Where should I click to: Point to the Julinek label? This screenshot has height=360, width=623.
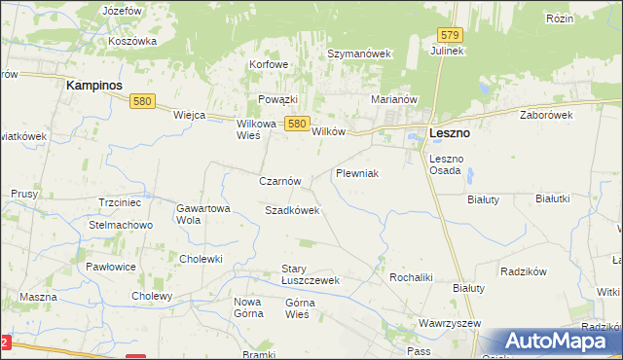pos(448,51)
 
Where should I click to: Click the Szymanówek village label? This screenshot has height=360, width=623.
pos(358,54)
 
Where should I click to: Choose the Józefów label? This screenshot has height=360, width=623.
pos(121,9)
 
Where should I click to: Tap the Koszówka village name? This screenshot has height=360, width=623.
pos(133,42)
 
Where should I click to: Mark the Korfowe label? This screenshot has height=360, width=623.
pos(269,64)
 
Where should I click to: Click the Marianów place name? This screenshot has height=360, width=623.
pos(394,99)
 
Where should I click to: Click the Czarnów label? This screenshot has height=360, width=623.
pos(281,181)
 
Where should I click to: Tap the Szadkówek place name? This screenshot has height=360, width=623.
pos(292,210)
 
